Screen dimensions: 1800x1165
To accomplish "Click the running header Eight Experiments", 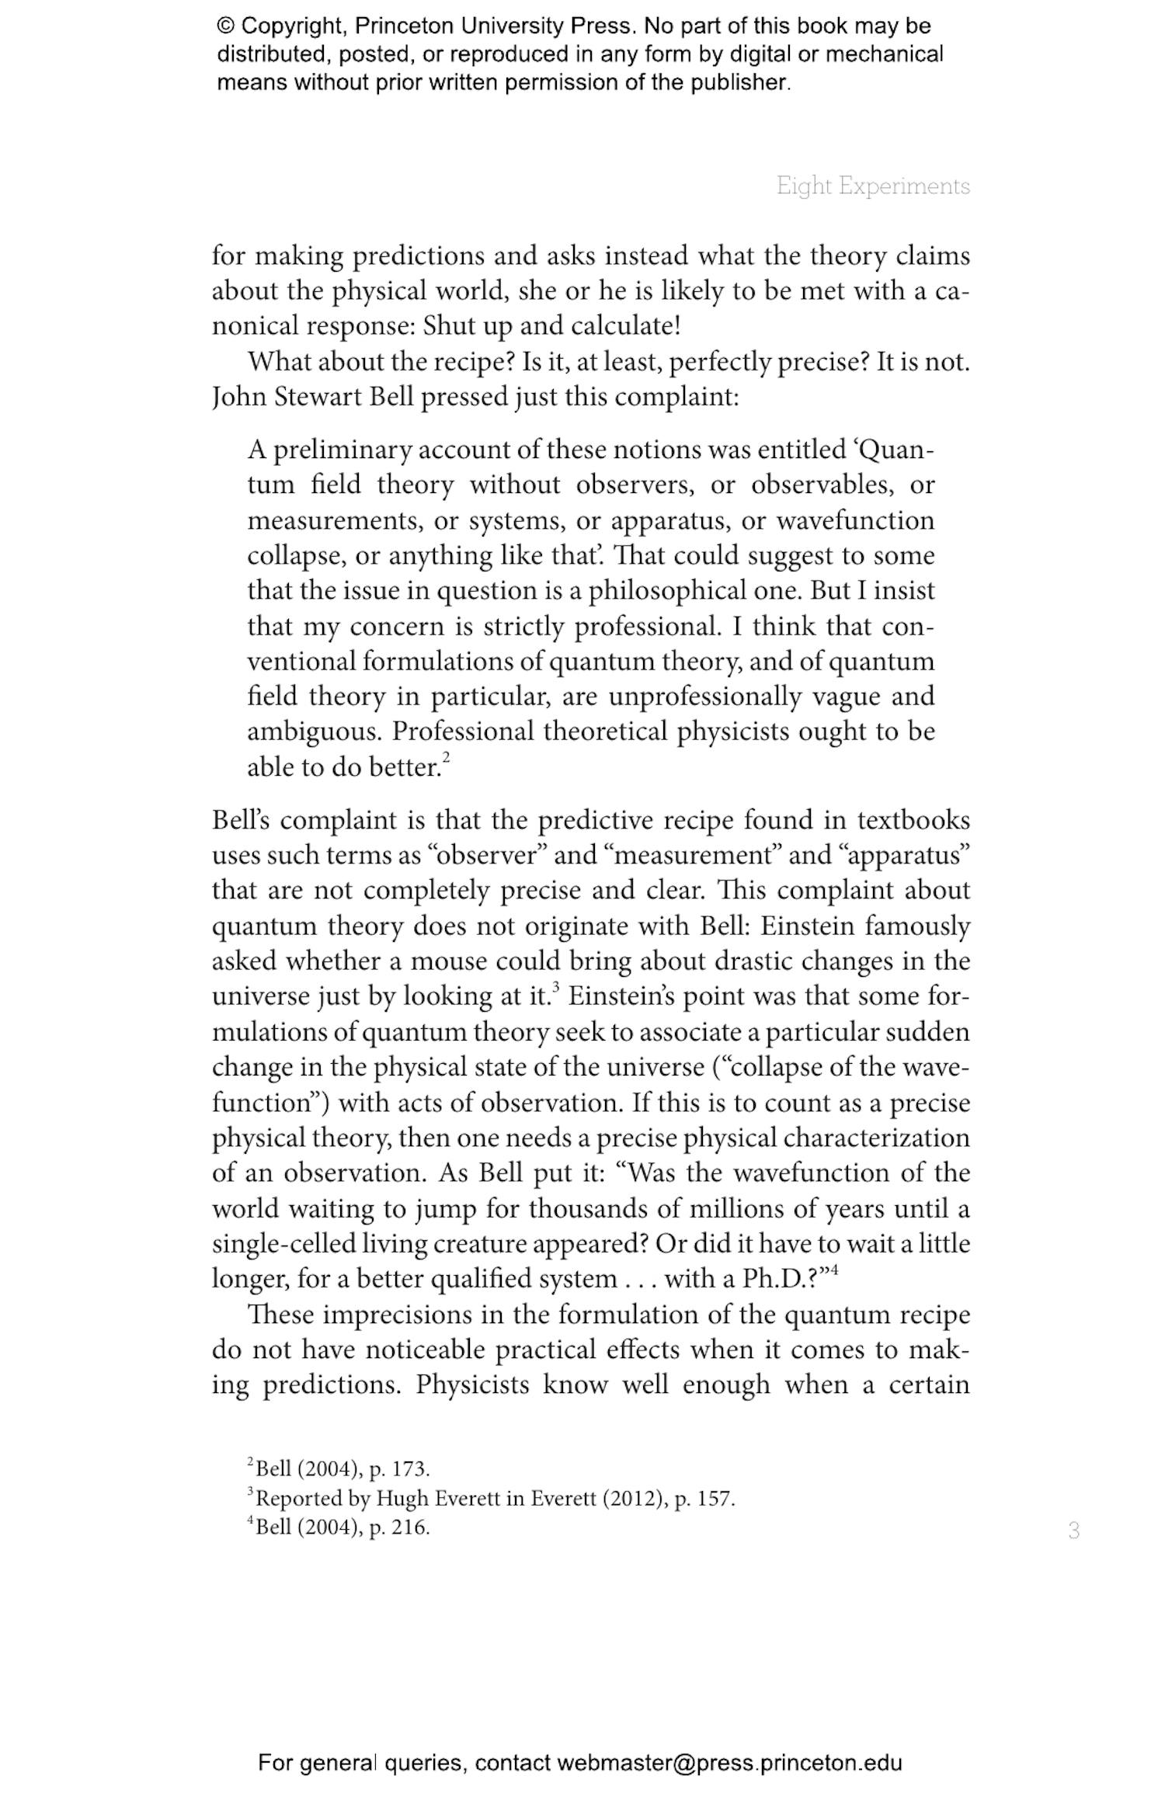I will tap(873, 186).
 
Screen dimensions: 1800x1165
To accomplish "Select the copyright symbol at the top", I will tap(225, 26).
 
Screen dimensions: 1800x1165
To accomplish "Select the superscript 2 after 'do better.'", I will tap(447, 756).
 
